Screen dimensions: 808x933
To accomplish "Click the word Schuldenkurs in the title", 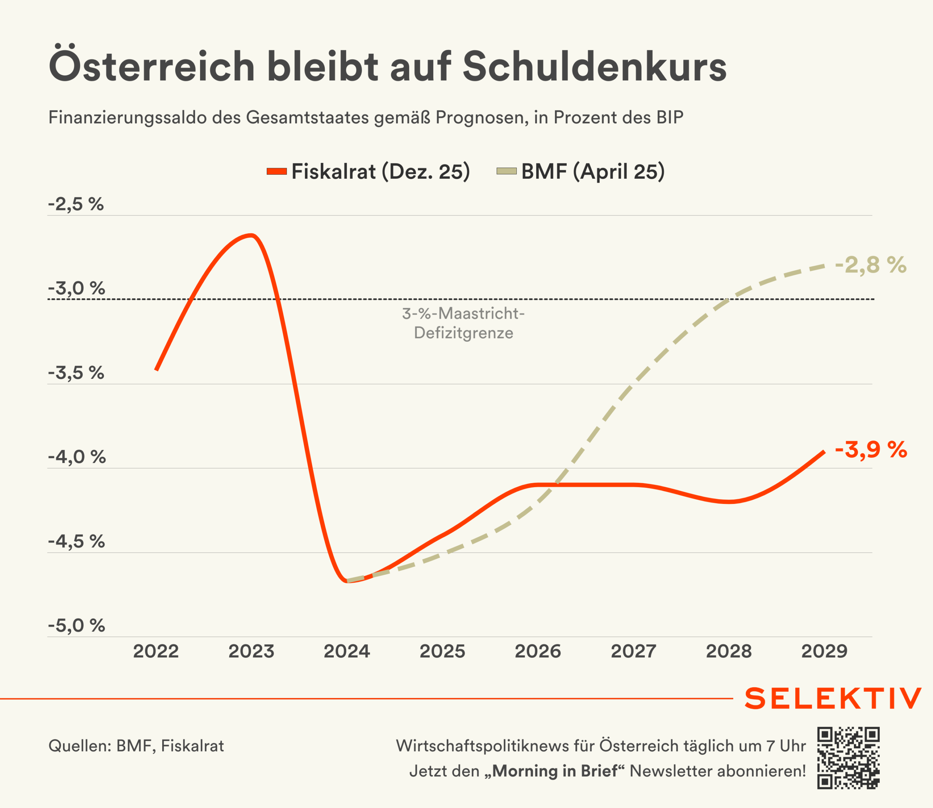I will click(x=594, y=67).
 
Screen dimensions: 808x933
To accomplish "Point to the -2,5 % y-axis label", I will click(x=76, y=204).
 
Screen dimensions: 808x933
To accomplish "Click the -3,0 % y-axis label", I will click(x=76, y=288).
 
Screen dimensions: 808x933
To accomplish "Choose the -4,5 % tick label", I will click(x=76, y=541).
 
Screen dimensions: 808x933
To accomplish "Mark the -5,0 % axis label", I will click(x=76, y=625).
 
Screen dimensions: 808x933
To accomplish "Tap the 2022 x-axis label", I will click(x=156, y=652).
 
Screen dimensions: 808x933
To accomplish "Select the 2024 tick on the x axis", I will click(x=347, y=652).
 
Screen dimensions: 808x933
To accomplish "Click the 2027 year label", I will click(x=633, y=652).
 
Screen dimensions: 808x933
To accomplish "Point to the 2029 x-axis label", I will click(x=824, y=652).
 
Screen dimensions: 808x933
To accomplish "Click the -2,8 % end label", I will click(x=870, y=265).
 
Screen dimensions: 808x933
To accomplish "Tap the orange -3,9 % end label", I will click(x=871, y=450).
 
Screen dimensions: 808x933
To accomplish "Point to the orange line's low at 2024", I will click(x=347, y=581).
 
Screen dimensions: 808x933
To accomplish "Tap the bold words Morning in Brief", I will click(x=554, y=771).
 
